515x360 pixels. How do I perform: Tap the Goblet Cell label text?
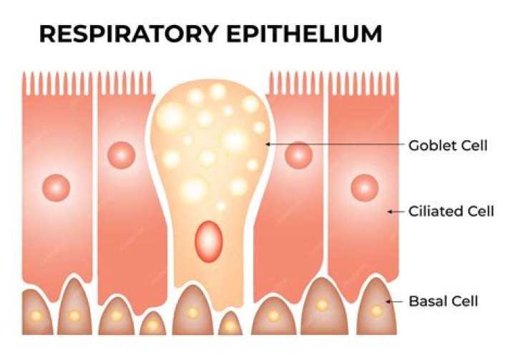pyautogui.click(x=448, y=145)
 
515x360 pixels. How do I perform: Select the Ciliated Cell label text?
pyautogui.click(x=448, y=211)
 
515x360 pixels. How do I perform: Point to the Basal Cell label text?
pyautogui.click(x=443, y=301)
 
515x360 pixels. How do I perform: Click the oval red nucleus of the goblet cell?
pyautogui.click(x=209, y=239)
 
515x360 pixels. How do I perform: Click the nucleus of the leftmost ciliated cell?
pyautogui.click(x=55, y=188)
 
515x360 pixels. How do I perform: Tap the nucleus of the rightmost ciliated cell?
pyautogui.click(x=364, y=188)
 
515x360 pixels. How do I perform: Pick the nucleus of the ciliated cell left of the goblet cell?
pyautogui.click(x=121, y=154)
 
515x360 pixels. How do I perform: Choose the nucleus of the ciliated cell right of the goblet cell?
pyautogui.click(x=298, y=154)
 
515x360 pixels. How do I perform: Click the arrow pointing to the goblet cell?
pyautogui.click(x=332, y=145)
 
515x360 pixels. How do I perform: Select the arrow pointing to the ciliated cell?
pyautogui.click(x=395, y=211)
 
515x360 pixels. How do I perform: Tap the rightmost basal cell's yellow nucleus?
pyautogui.click(x=376, y=311)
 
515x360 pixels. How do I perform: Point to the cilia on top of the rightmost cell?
pyautogui.click(x=363, y=84)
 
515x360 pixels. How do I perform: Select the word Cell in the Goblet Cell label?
pyautogui.click(x=474, y=145)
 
